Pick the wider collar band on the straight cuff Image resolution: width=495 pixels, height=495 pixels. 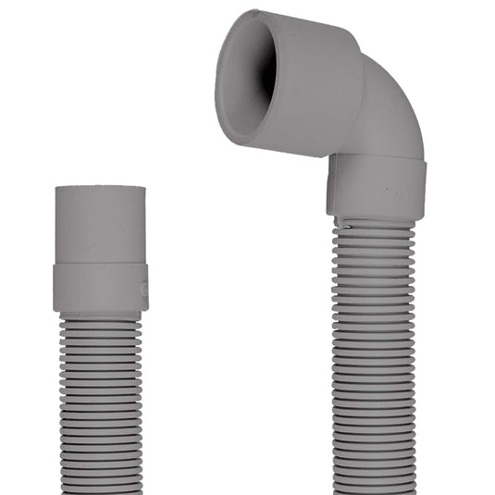point(100,287)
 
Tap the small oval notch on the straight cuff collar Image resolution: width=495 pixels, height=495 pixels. point(142,289)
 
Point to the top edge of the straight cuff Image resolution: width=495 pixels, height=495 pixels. point(100,188)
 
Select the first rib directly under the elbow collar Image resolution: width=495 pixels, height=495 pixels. point(375,225)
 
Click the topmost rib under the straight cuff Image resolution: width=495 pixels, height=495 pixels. point(100,317)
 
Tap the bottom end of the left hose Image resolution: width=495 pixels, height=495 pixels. point(100,488)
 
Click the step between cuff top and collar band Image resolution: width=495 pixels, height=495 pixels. point(100,263)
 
